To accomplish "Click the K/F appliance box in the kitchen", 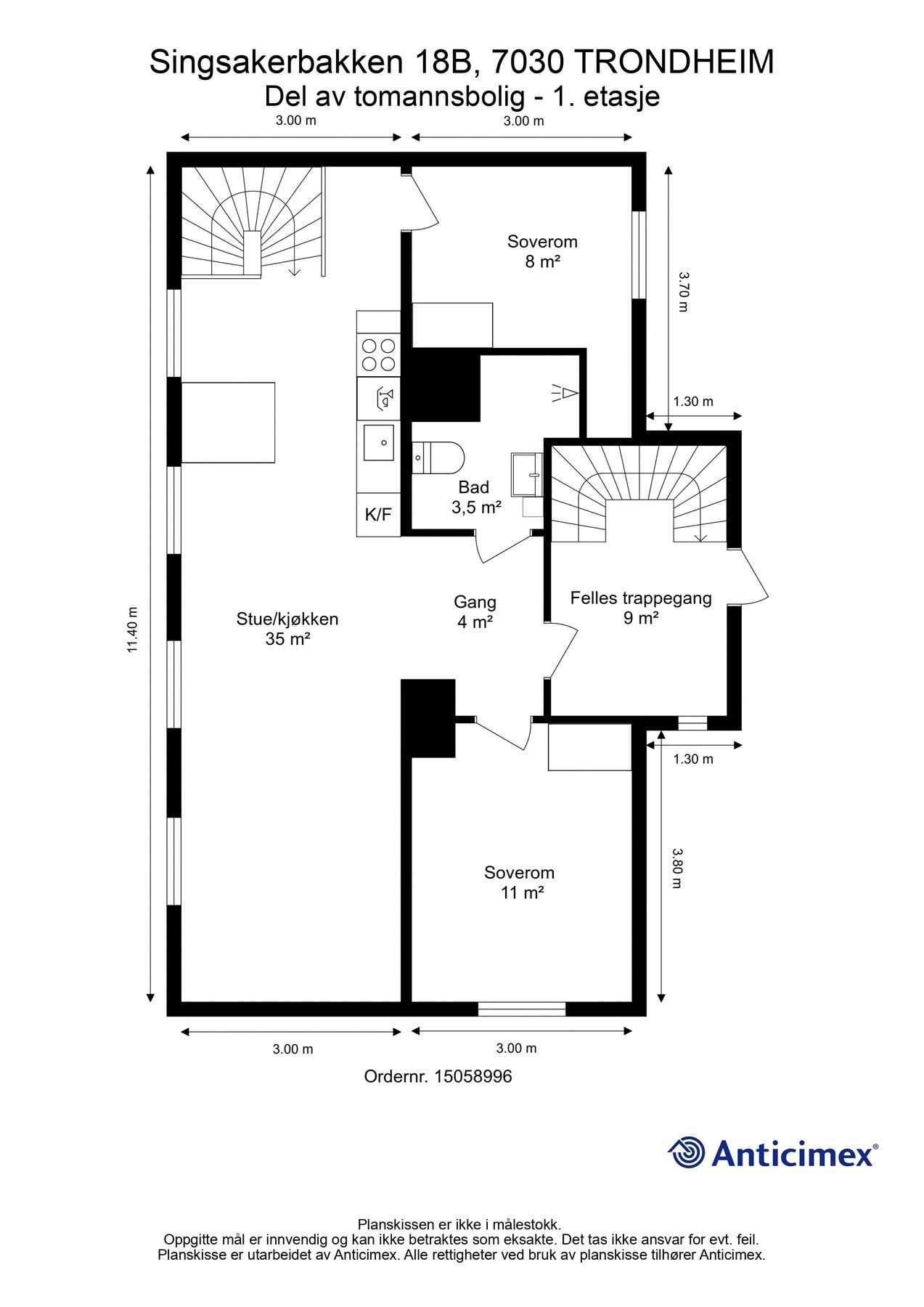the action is pyautogui.click(x=378, y=515).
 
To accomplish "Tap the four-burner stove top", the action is pyautogui.click(x=378, y=355).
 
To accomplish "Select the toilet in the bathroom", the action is pyautogui.click(x=438, y=457).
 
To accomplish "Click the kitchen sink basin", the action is pyautogui.click(x=378, y=442).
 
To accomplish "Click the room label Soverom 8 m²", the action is pyautogui.click(x=542, y=251).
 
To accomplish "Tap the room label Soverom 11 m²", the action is pyautogui.click(x=520, y=882).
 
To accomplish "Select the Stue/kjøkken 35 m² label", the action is pyautogui.click(x=287, y=629).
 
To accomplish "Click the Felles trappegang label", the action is pyautogui.click(x=641, y=598).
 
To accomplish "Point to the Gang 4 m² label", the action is pyautogui.click(x=475, y=611).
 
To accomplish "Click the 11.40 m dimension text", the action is pyautogui.click(x=133, y=630).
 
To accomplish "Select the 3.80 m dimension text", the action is pyautogui.click(x=676, y=868).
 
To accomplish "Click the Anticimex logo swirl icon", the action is pyautogui.click(x=687, y=1152).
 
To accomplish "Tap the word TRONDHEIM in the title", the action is pyautogui.click(x=674, y=62).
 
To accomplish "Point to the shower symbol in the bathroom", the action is pyautogui.click(x=564, y=393).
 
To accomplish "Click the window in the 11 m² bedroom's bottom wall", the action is pyautogui.click(x=522, y=1009).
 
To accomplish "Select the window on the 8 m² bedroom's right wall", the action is pyautogui.click(x=639, y=255).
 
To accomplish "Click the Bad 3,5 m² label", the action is pyautogui.click(x=476, y=497).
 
